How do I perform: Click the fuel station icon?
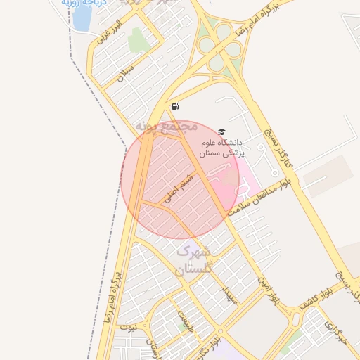point(174,107)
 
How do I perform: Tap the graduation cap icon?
point(221,131)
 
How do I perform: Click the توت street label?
point(128,327)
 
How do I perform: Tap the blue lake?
point(82,18)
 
